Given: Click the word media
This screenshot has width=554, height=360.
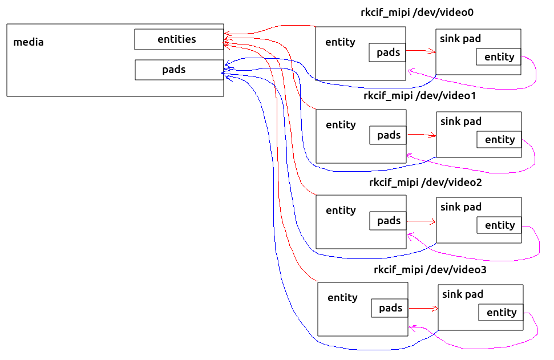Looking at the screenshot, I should pos(28,42).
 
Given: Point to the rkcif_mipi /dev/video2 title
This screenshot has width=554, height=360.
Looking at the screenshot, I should pos(426,183).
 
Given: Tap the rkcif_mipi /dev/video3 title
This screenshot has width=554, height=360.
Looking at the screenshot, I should pos(430,269).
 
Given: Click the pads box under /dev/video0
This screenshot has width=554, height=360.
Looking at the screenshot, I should pos(387,52).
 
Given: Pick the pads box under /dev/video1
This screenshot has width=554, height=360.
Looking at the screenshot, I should pos(388,135).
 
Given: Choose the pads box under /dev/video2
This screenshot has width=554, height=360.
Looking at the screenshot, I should pos(388,221).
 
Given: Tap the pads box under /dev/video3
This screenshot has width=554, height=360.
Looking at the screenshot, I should pos(390,308).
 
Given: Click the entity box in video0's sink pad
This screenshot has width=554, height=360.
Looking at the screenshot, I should pos(499,56).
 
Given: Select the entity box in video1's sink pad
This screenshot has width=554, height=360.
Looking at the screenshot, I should pos(499,139).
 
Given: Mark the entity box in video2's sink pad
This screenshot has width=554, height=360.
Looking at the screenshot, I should pos(499,225).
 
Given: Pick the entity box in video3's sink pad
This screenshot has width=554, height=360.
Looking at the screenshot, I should pos(501,312).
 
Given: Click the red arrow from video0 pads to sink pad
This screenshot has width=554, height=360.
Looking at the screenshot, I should pos(421,51).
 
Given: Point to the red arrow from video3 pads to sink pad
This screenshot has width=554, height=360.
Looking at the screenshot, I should pos(423,308).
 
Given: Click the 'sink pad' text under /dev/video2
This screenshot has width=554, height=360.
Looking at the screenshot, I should pos(461,207).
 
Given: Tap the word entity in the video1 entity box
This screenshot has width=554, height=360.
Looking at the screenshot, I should pos(341,124).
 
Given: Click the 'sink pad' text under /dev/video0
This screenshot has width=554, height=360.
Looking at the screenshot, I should pos(460,38).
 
